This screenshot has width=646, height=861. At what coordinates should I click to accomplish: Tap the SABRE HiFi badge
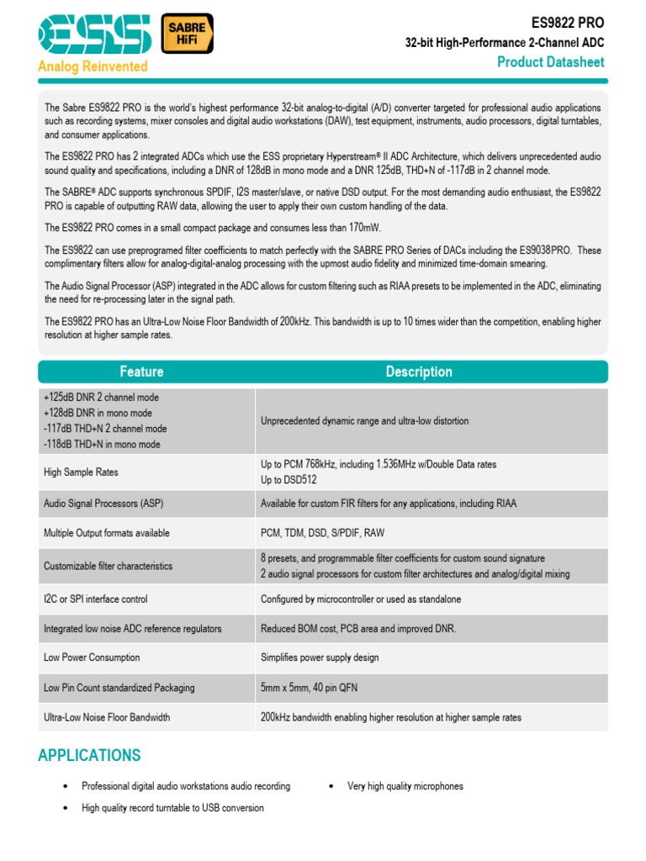click(186, 34)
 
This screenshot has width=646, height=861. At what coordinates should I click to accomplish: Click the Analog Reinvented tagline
click(93, 66)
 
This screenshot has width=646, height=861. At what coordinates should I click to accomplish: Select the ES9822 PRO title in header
click(568, 23)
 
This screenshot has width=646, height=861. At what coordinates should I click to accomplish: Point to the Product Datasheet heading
click(550, 61)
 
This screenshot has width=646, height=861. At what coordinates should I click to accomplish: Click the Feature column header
click(141, 372)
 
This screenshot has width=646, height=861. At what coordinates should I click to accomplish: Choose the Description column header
click(418, 372)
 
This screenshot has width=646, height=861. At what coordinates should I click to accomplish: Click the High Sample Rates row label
click(81, 473)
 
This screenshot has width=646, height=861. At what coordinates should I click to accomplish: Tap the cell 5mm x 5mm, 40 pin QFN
click(309, 688)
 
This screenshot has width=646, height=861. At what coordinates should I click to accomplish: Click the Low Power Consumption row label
click(92, 658)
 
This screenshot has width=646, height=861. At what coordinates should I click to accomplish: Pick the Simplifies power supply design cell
click(320, 658)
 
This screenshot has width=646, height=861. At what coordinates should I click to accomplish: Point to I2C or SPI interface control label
click(95, 600)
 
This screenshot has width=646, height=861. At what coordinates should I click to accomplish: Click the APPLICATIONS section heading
click(89, 755)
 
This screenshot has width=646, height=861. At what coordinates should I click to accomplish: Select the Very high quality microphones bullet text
click(405, 786)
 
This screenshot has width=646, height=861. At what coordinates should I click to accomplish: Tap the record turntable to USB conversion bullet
click(172, 808)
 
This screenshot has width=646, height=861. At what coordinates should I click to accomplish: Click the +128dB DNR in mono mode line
click(98, 413)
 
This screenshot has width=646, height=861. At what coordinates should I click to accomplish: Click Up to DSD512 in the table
click(289, 480)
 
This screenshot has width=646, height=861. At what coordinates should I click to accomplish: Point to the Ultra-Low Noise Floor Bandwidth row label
click(107, 717)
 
